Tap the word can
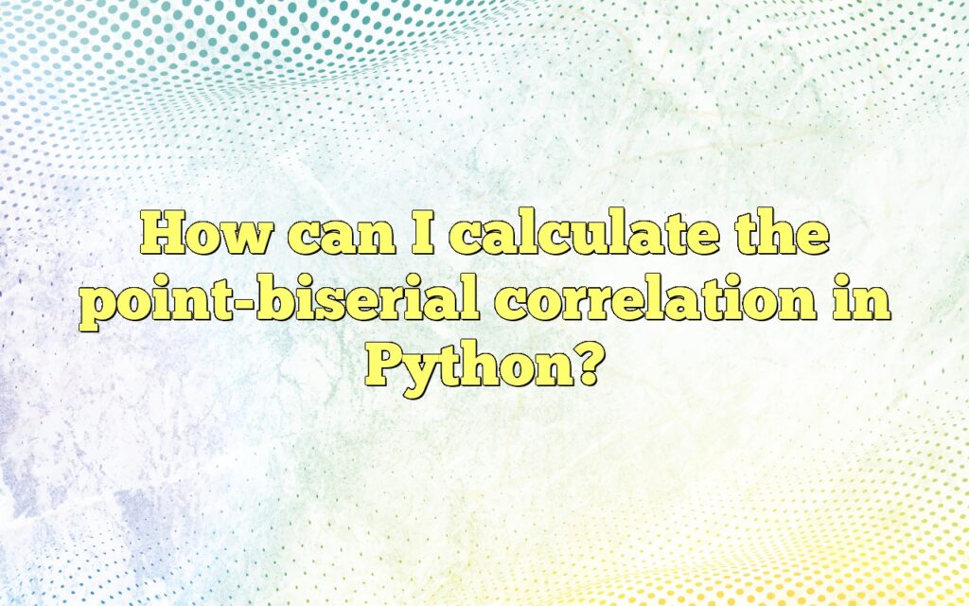click(x=342, y=238)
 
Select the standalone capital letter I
click(x=423, y=233)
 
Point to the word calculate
click(x=584, y=233)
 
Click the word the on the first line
click(x=782, y=233)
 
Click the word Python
click(x=467, y=368)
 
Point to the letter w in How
click(x=247, y=239)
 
